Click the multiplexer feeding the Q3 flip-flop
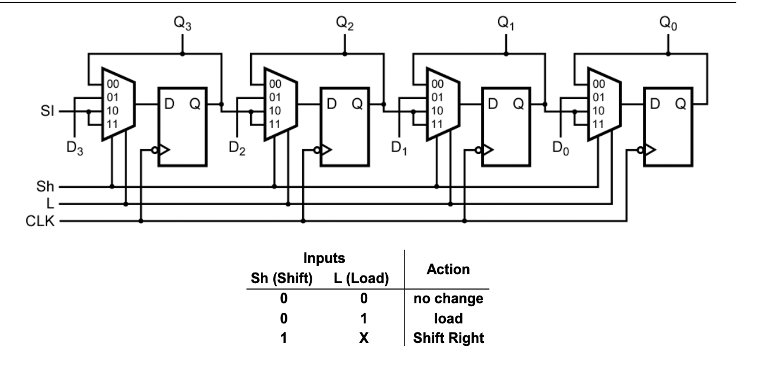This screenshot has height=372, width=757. coord(118,104)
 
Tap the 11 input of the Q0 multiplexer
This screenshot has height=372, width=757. coord(598,124)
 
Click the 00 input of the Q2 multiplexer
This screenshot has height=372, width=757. coord(274,85)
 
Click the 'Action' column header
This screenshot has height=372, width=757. coord(448,270)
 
